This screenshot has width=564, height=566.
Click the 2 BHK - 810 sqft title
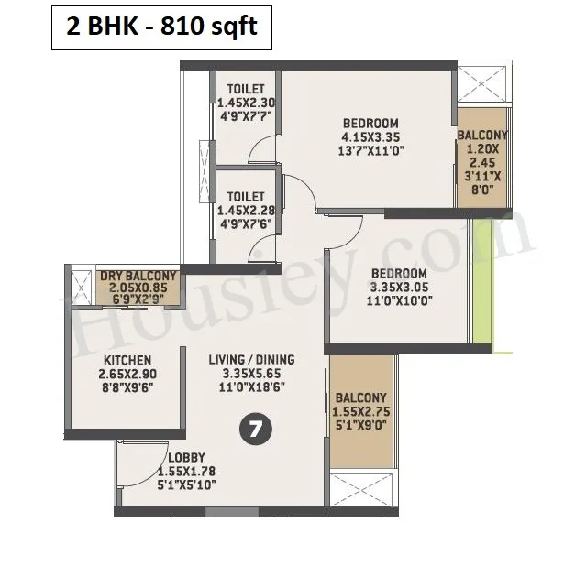pyautogui.click(x=161, y=27)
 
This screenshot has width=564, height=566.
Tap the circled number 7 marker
pyautogui.click(x=256, y=430)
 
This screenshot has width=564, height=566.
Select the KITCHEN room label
pyautogui.click(x=127, y=360)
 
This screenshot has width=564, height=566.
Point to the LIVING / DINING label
pyautogui.click(x=251, y=360)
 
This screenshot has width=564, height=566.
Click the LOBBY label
pyautogui.click(x=186, y=458)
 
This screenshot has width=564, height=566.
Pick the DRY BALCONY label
pyautogui.click(x=138, y=277)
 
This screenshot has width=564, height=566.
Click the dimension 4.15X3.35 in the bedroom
pyautogui.click(x=370, y=137)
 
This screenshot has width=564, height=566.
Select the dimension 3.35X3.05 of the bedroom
pyautogui.click(x=399, y=288)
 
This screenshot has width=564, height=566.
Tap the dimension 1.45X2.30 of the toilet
pyautogui.click(x=246, y=103)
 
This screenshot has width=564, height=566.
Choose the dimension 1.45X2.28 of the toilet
pyautogui.click(x=246, y=211)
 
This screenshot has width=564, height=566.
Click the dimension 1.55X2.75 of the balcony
pyautogui.click(x=361, y=411)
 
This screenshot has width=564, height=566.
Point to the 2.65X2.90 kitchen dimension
pyautogui.click(x=127, y=374)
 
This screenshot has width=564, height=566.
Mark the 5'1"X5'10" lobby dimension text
pyautogui.click(x=186, y=484)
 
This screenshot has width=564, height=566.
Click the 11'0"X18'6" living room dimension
pyautogui.click(x=251, y=387)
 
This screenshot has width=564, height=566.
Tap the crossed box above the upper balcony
pyautogui.click(x=482, y=83)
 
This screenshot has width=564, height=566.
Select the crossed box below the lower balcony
pyautogui.click(x=360, y=490)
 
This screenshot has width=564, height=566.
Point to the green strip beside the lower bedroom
pyautogui.click(x=482, y=281)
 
